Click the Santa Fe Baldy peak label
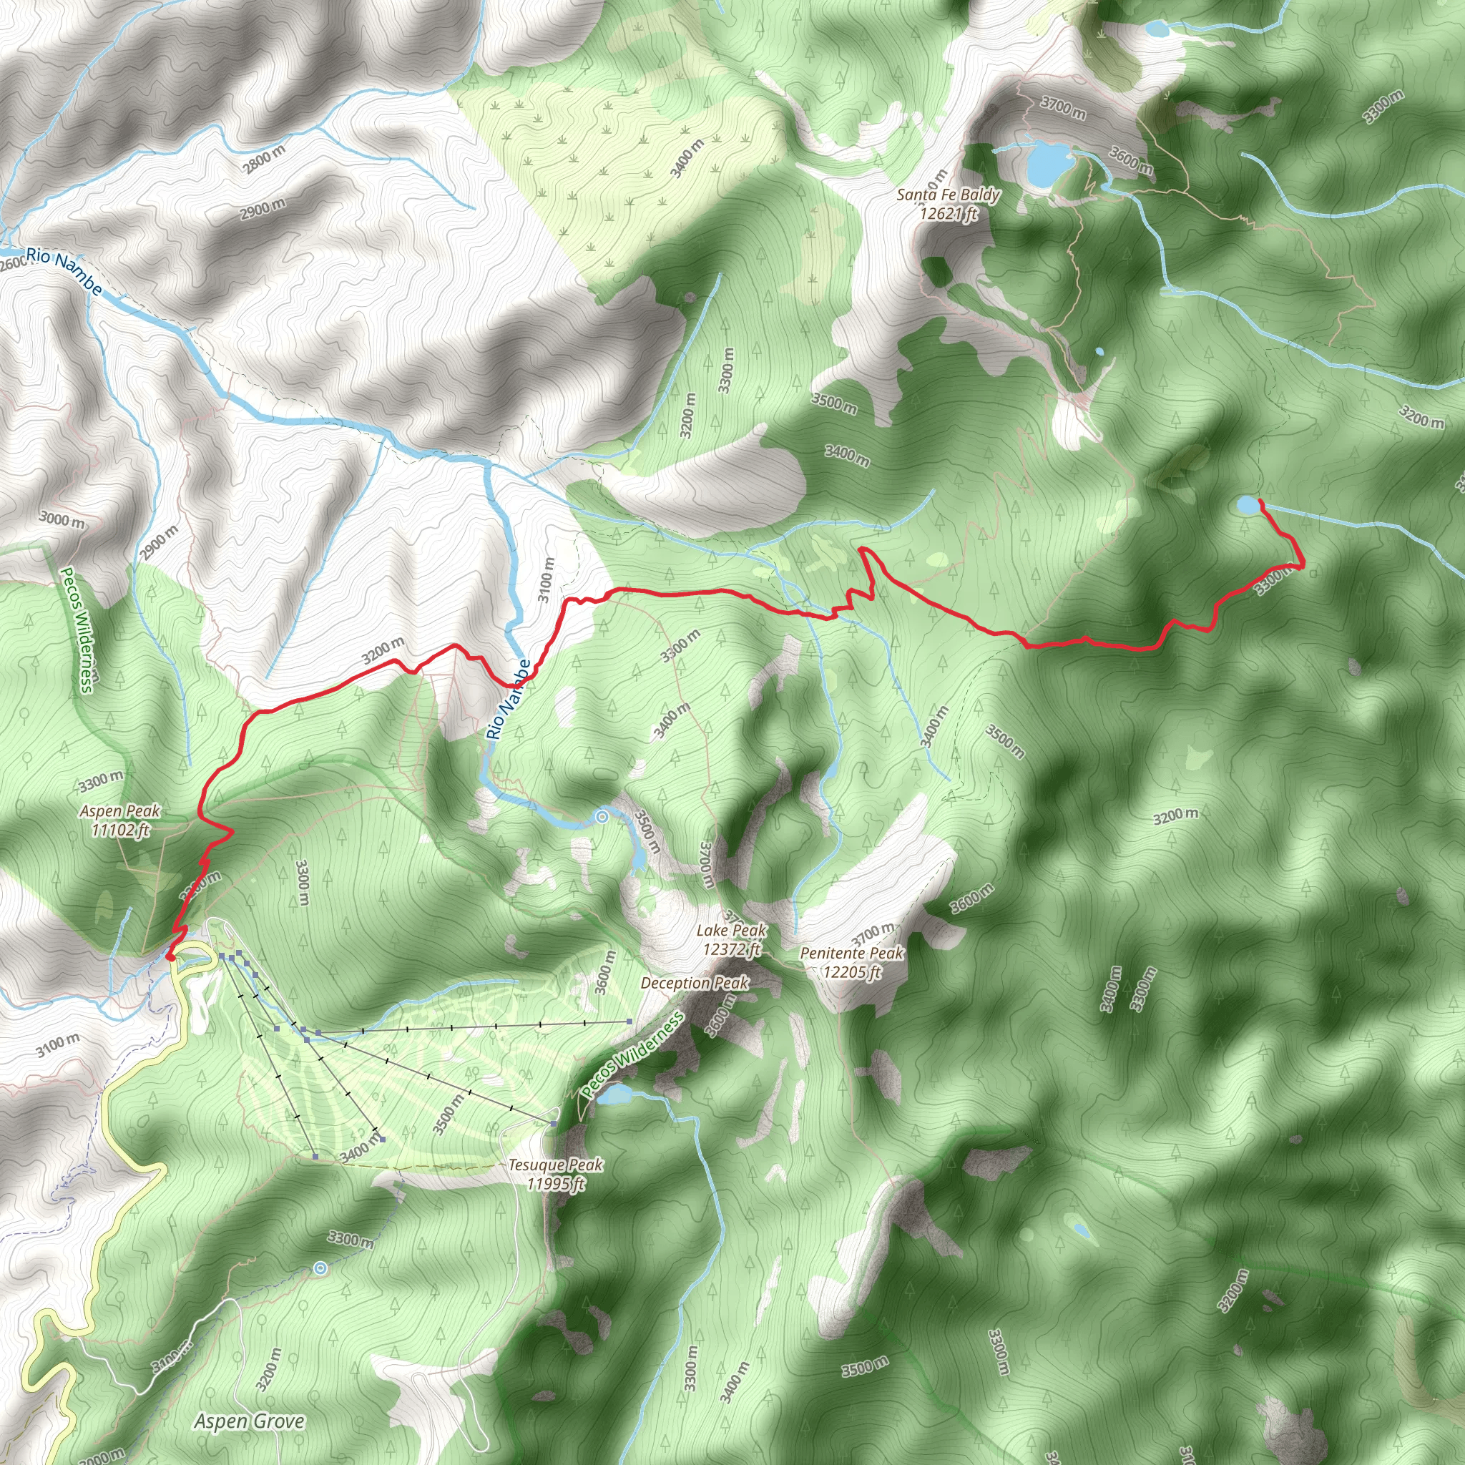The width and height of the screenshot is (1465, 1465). tap(948, 204)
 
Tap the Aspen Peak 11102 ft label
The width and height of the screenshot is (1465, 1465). tap(119, 820)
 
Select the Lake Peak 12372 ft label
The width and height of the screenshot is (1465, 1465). tap(732, 939)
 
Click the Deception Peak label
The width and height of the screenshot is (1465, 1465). tap(695, 983)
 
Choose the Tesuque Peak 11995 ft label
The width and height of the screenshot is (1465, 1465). tap(556, 1174)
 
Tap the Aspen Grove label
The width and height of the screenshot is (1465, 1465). tap(250, 1421)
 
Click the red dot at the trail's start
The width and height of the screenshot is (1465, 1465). tap(171, 958)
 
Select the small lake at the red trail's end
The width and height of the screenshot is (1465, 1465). tap(1246, 504)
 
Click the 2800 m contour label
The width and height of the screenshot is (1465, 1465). tap(265, 160)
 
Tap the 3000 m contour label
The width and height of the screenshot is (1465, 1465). tap(62, 520)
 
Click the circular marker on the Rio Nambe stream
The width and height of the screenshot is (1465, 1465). tap(602, 817)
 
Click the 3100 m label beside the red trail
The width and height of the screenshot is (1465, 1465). tap(546, 580)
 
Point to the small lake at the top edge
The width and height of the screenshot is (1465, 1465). tap(1157, 29)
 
